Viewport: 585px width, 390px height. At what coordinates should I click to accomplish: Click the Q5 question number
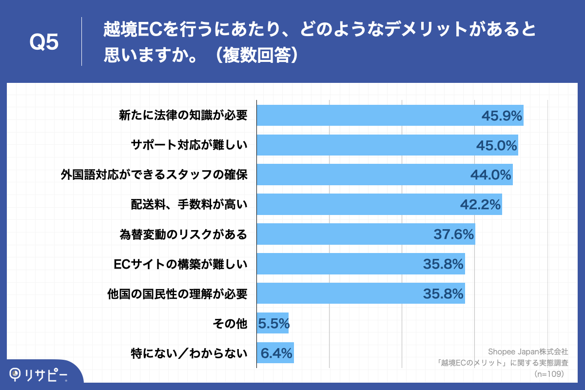click(x=44, y=42)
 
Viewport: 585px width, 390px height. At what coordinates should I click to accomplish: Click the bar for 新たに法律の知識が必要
click(x=366, y=116)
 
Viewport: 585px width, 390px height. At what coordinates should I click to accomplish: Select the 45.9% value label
click(x=502, y=116)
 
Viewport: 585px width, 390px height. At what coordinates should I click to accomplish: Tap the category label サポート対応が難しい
click(x=189, y=145)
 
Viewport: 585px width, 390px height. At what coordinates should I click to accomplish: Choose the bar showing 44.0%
click(x=361, y=175)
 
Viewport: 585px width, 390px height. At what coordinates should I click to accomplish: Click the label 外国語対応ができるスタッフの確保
click(x=154, y=175)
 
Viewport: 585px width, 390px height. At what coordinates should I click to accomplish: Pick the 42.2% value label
click(x=480, y=205)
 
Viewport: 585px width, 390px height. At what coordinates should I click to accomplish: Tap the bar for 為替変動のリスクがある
click(x=341, y=234)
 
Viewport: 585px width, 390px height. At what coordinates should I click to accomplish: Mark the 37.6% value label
click(x=453, y=234)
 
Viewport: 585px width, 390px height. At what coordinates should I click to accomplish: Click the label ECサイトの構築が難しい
click(x=180, y=264)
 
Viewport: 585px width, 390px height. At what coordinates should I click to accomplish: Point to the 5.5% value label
click(x=273, y=323)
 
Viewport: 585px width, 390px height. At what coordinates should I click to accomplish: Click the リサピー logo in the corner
click(x=39, y=374)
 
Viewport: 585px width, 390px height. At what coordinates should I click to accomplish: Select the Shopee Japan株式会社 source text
click(x=527, y=351)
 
